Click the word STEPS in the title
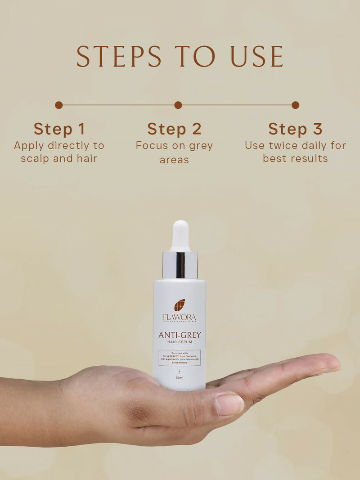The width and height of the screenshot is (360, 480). pyautogui.click(x=118, y=56)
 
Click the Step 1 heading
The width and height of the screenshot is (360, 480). pyautogui.click(x=59, y=129)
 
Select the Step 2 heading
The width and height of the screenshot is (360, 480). pyautogui.click(x=174, y=129)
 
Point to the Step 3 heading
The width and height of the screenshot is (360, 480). pyautogui.click(x=295, y=129)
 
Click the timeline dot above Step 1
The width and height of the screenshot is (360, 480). pyautogui.click(x=59, y=105)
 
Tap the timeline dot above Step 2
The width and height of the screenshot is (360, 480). pyautogui.click(x=178, y=105)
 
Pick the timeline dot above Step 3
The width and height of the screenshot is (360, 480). pyautogui.click(x=295, y=105)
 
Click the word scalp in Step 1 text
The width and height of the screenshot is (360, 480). pyautogui.click(x=34, y=158)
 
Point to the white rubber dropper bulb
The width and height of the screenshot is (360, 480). pyautogui.click(x=180, y=236)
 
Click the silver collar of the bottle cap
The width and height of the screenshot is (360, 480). pyautogui.click(x=180, y=265)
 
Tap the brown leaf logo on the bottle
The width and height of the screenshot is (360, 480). pyautogui.click(x=180, y=305)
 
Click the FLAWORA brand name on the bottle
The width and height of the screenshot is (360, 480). pyautogui.click(x=180, y=317)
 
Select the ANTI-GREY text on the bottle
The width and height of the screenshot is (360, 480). pyautogui.click(x=180, y=335)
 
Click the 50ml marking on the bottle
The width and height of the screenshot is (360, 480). pyautogui.click(x=180, y=377)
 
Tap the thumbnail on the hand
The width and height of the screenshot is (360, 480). pyautogui.click(x=229, y=404)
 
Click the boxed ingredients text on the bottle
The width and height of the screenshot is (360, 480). pyautogui.click(x=180, y=358)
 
